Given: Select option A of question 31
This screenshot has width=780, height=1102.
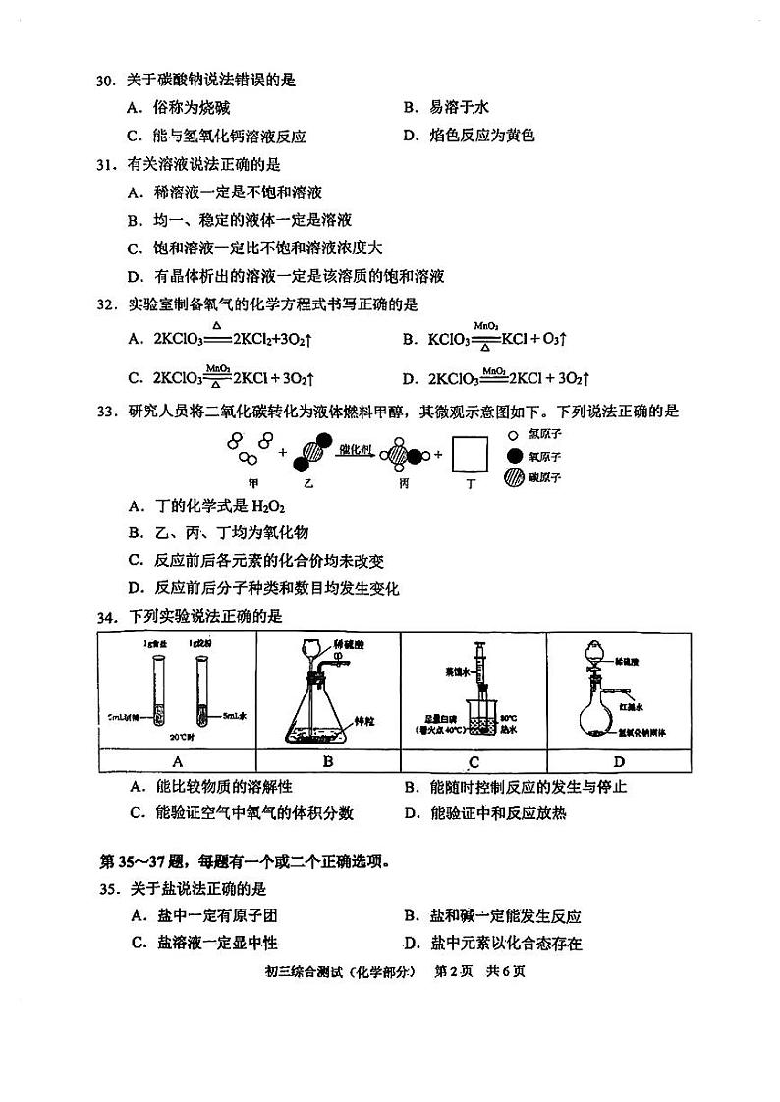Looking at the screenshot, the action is coord(225,193).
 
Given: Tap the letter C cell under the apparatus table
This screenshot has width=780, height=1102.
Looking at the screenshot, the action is coord(473,761).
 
